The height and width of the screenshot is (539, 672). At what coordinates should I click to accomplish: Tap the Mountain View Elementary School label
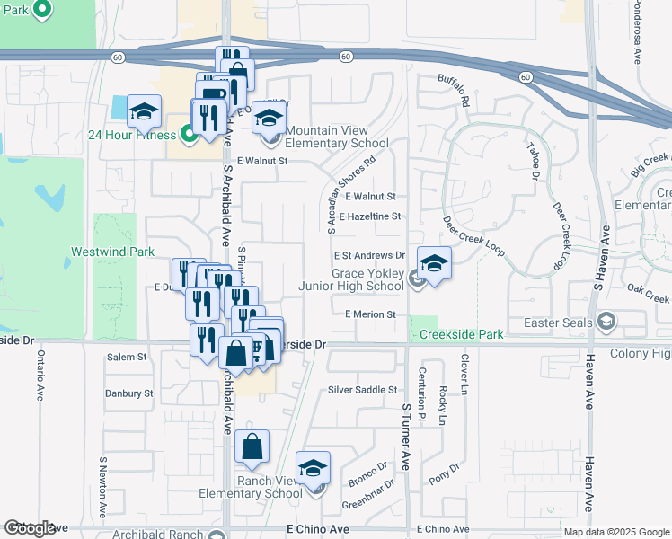337,137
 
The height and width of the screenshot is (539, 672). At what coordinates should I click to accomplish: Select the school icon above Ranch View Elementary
313,468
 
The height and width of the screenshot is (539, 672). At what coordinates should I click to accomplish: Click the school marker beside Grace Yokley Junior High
433,263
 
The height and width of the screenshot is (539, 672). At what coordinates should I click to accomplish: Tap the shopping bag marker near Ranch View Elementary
252,446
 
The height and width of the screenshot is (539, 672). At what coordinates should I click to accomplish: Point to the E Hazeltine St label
369,216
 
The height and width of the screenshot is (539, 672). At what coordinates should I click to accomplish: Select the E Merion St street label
370,314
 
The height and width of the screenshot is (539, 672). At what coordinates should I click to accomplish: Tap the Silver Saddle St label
362,390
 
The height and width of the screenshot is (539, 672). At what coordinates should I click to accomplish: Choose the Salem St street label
127,357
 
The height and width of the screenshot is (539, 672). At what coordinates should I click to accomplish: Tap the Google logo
31,528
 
